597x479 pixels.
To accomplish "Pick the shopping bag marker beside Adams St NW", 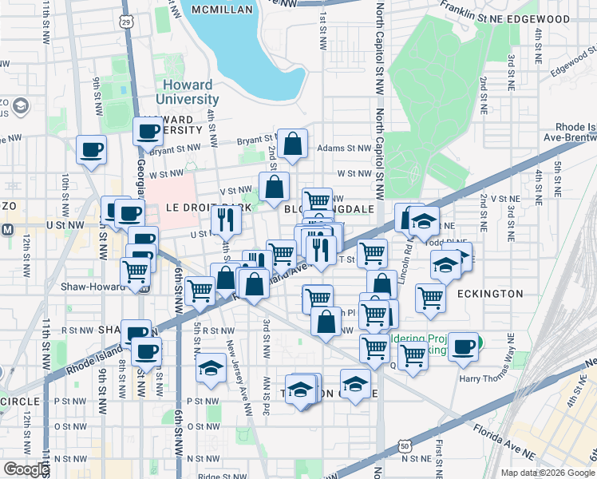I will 293,144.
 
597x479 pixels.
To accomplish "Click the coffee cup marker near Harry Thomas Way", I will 462,346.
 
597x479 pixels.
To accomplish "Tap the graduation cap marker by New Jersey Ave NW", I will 211,367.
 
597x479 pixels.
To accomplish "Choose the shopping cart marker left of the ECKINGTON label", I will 430,298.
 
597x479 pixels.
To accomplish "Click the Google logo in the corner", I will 26,469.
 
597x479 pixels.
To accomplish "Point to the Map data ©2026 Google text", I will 547,473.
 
